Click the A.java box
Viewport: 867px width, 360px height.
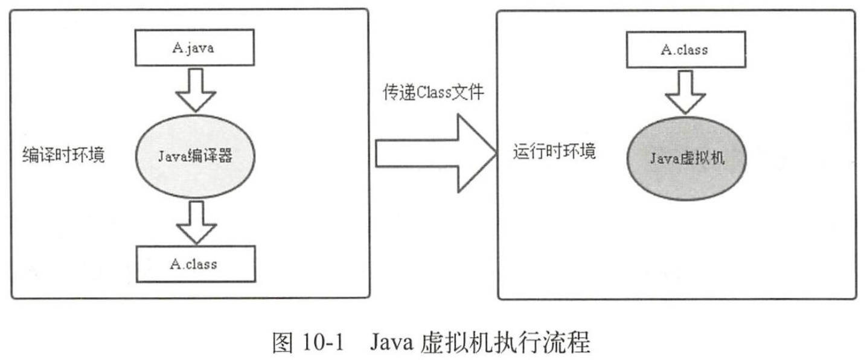193,48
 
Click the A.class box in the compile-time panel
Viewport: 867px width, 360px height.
193,263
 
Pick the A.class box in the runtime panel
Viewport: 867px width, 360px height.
684,49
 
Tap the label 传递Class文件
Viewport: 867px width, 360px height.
433,92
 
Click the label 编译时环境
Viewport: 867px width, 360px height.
63,155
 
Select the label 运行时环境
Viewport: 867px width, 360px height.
555,150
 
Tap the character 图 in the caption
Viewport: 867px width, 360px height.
284,344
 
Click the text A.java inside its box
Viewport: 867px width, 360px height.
193,48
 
